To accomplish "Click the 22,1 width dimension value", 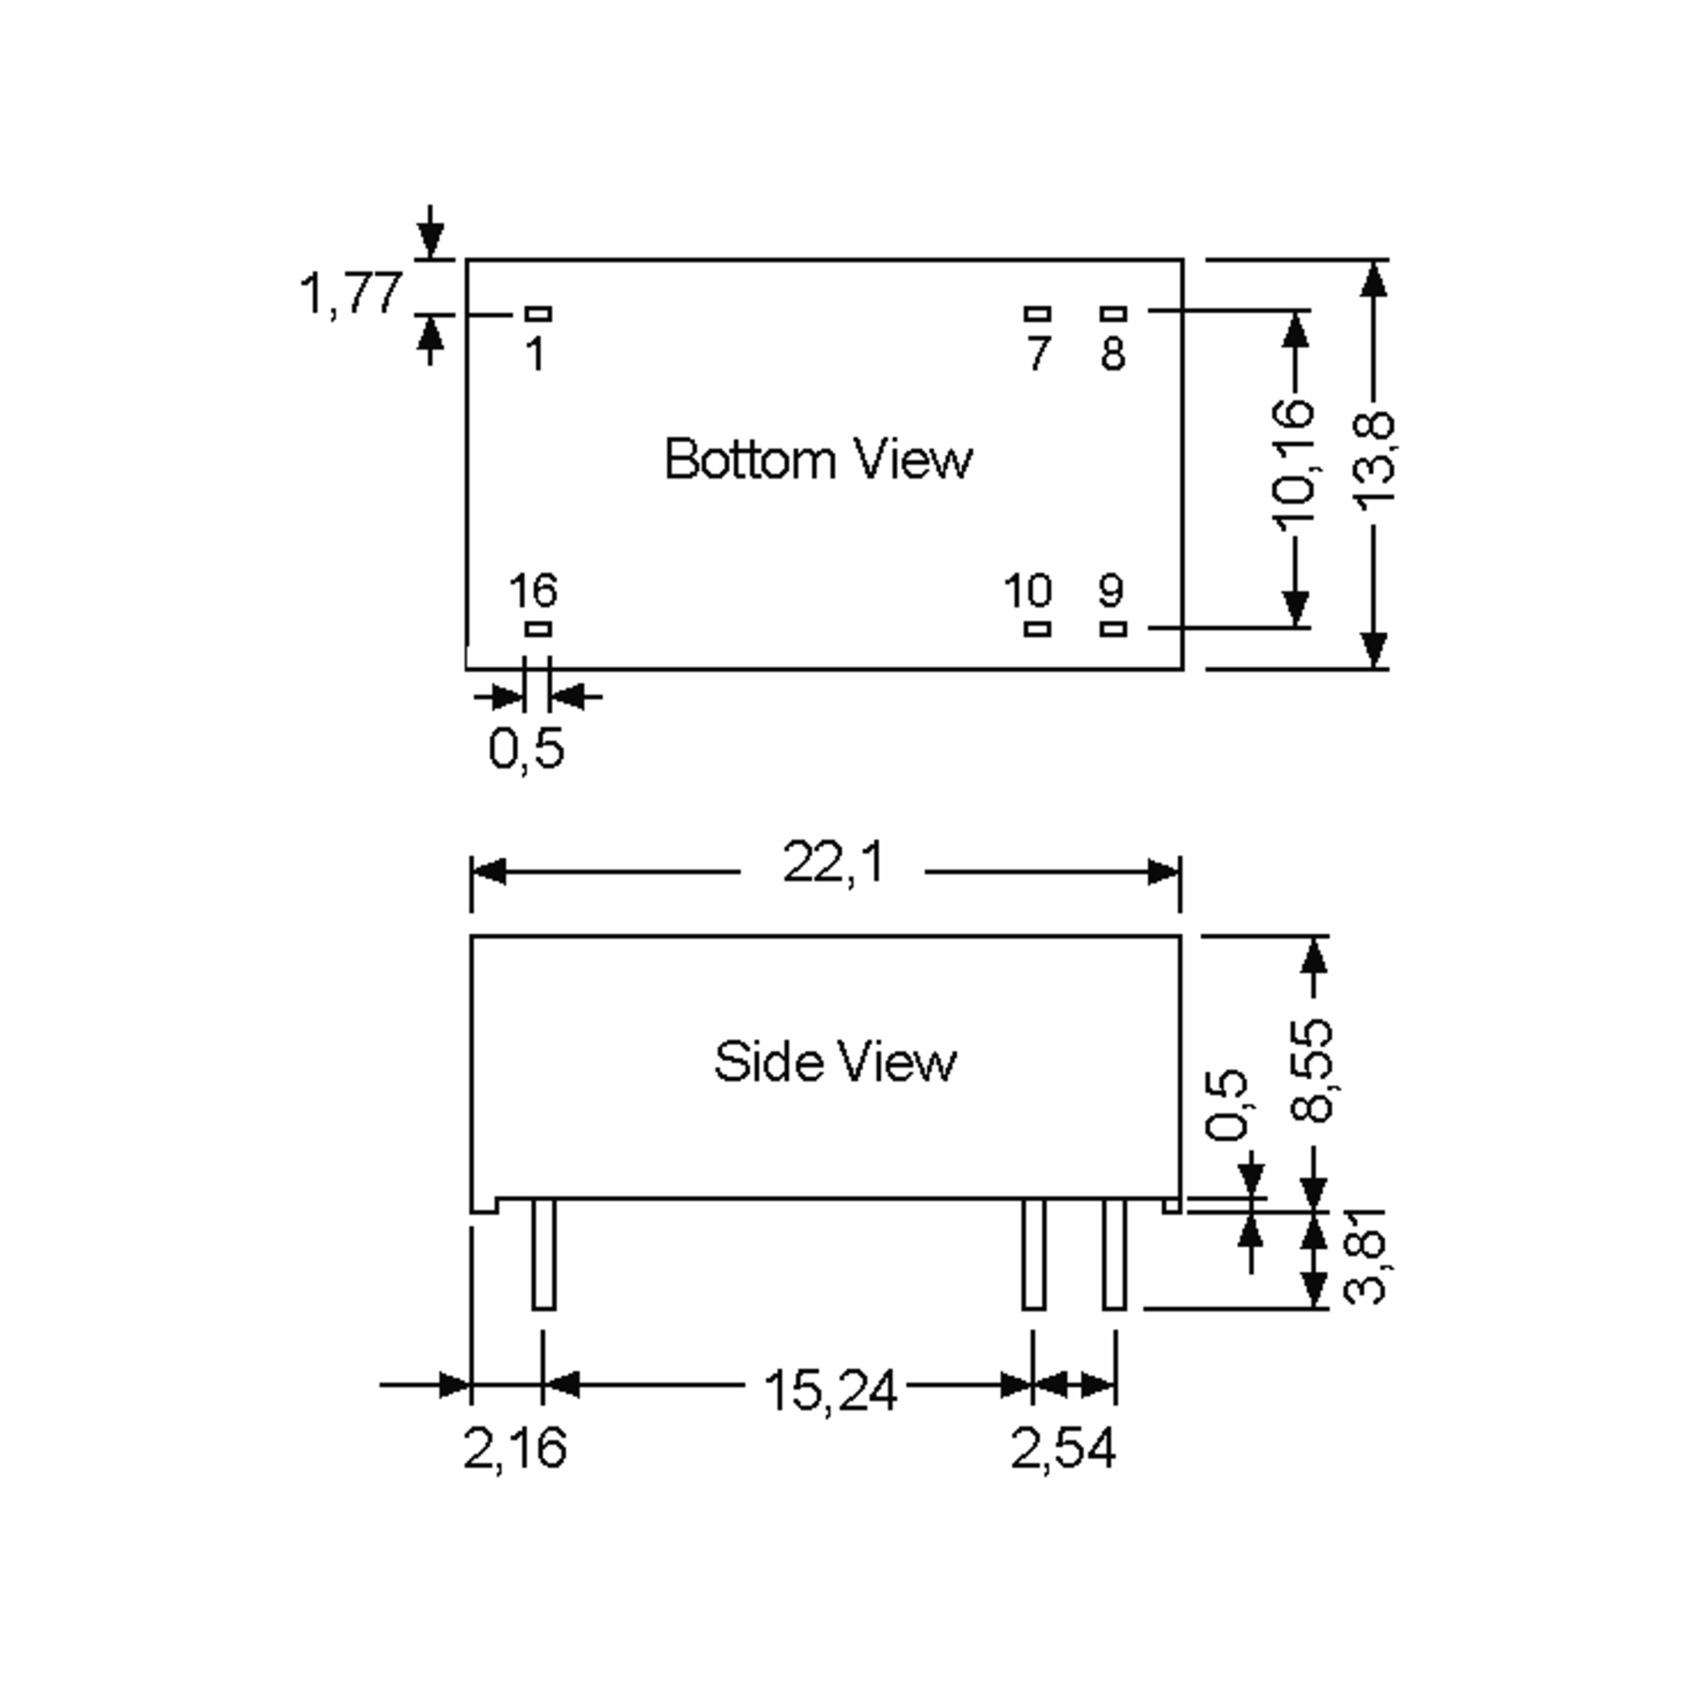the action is (834, 864).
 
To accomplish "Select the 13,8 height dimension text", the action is (1373, 458).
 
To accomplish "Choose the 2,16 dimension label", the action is (514, 1450).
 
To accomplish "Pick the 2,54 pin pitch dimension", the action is (1062, 1450).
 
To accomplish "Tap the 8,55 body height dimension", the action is (1313, 1069).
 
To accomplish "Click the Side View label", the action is (835, 1062).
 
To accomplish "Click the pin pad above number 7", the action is (1037, 314).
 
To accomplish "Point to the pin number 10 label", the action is (1028, 591).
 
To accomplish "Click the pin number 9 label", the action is (1111, 591).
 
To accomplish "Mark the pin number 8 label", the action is (1113, 353).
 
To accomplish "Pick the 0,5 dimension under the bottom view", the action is (526, 748).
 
